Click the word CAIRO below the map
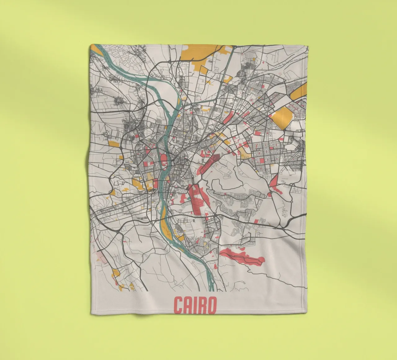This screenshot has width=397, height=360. [195, 306]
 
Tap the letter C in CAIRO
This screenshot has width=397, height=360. [178, 306]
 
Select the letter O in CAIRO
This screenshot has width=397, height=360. [211, 306]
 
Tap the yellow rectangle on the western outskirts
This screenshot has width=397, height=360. [114, 144]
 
